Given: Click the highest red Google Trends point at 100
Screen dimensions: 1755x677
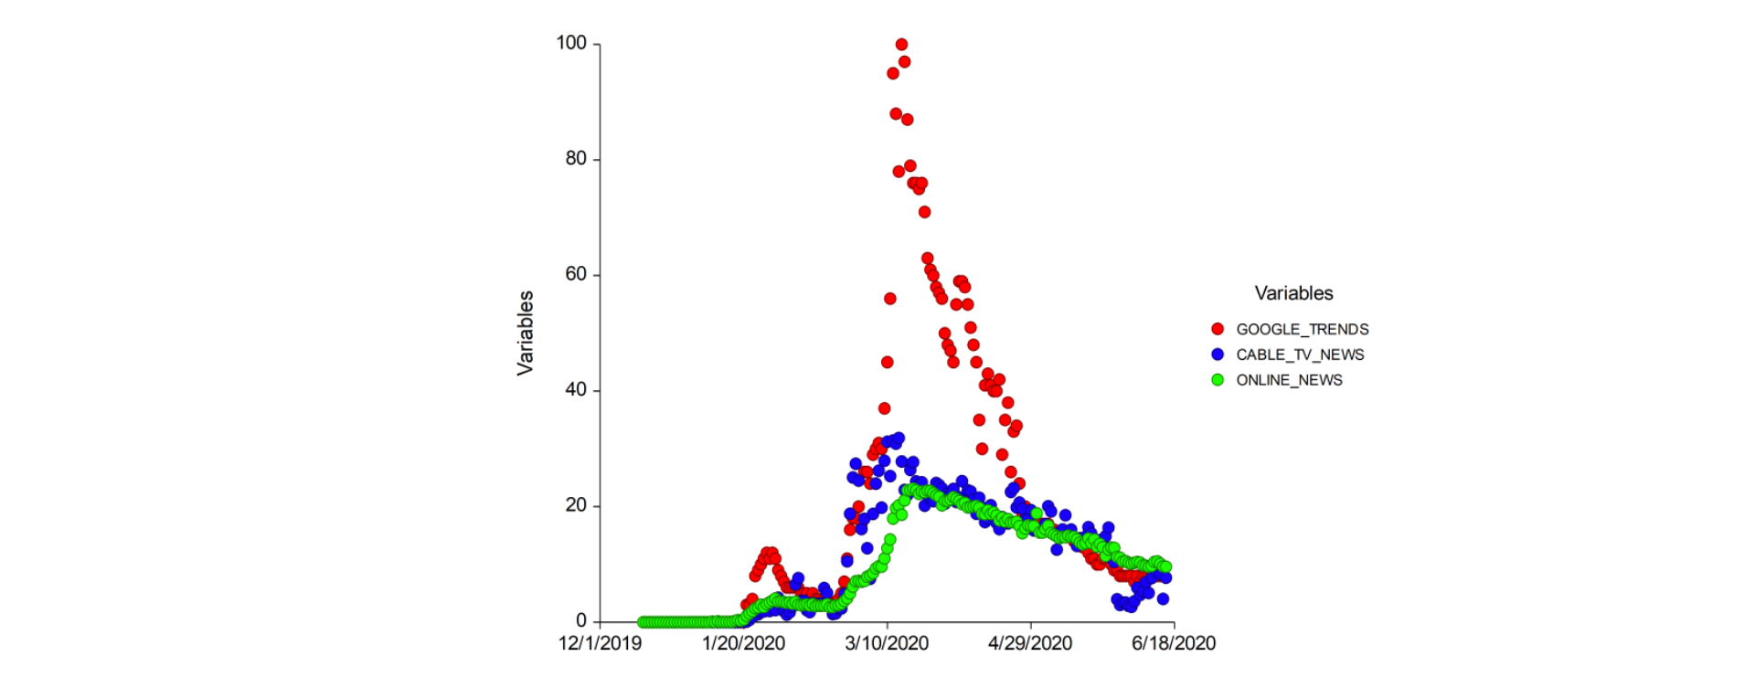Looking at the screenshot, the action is [901, 44].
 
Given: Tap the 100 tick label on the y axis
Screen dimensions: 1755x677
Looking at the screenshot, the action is [571, 43].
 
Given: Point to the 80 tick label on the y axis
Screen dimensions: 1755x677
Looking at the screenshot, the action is [576, 158].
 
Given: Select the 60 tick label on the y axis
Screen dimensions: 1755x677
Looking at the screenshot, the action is [576, 274].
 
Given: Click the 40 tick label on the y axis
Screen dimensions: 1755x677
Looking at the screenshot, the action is [576, 389].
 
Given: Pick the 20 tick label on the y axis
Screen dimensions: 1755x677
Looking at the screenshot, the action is [576, 505].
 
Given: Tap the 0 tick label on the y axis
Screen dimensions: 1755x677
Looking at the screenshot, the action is [581, 620].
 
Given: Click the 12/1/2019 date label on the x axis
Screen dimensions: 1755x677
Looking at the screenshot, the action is [600, 643].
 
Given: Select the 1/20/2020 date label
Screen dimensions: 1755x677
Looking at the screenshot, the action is [743, 643].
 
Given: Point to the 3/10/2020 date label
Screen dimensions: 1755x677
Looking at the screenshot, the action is [887, 643].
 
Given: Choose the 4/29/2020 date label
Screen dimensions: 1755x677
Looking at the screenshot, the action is [1030, 643].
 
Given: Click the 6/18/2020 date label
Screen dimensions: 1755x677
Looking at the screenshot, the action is [1174, 643].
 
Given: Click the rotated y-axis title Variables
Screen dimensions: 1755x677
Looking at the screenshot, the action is [525, 333].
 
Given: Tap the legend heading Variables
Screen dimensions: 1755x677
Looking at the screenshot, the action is [1293, 293].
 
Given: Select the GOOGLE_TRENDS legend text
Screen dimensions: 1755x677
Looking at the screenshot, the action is [1303, 329].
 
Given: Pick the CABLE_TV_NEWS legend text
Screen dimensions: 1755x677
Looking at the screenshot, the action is [1300, 354].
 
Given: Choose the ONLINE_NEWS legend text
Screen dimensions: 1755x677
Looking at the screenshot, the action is [1290, 380].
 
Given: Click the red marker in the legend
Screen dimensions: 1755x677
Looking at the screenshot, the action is [1218, 329].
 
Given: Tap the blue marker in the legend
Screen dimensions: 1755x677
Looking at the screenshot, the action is [1218, 354].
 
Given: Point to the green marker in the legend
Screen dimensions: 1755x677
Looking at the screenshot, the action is [1218, 380].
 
